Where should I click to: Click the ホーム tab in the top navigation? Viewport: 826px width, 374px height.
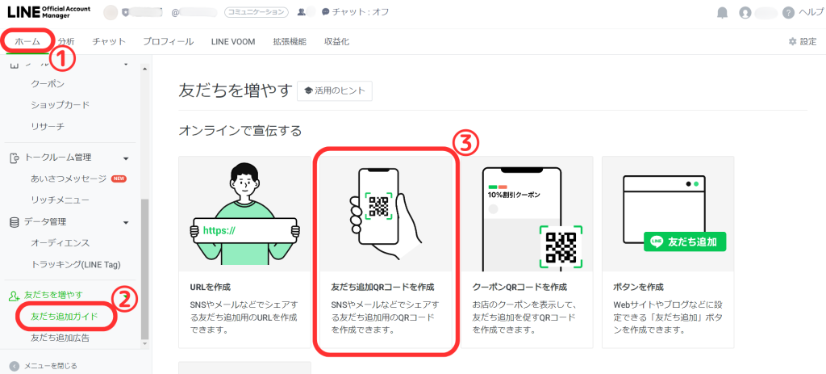click(27, 41)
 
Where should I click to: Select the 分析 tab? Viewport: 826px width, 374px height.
click(66, 41)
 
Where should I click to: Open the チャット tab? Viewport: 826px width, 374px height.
click(109, 41)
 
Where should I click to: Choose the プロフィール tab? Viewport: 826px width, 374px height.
click(168, 41)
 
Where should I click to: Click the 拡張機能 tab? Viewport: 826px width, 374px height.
click(290, 41)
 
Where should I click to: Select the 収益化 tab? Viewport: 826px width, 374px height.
click(336, 41)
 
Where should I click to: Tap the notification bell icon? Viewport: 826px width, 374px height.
click(722, 13)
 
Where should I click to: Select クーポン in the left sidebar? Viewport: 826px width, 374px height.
click(47, 83)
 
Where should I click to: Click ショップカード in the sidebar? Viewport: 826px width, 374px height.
click(60, 105)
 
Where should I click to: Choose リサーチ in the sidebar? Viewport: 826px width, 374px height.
click(47, 127)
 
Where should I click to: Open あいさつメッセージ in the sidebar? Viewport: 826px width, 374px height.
click(68, 178)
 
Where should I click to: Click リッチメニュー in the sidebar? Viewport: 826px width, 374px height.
click(60, 200)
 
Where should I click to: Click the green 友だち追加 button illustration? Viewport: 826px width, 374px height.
click(685, 241)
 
